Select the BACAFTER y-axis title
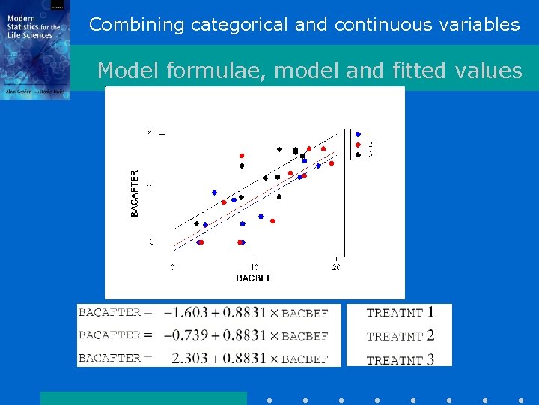coord(135,193)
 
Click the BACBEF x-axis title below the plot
coord(254,277)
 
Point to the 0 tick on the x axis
coord(173,267)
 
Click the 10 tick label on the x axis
coord(255,267)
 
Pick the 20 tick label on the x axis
coord(335,267)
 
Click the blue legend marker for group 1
coord(358,134)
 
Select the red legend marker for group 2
coord(358,144)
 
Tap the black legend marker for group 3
coord(358,154)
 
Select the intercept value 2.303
coord(188,358)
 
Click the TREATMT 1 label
coord(400,313)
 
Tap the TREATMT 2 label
coord(400,336)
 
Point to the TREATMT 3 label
coord(400,360)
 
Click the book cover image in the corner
coord(35,49)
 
